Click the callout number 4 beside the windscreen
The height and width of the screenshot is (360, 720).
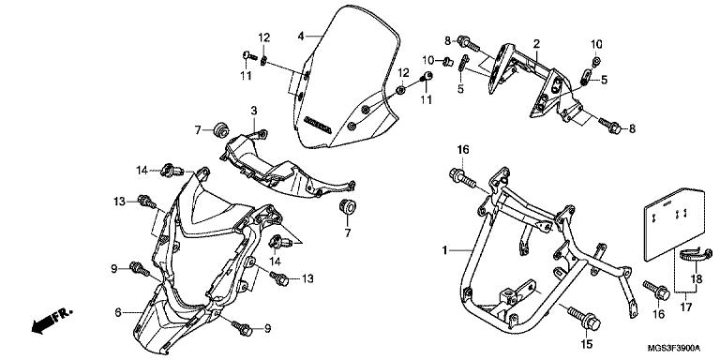point(301,36)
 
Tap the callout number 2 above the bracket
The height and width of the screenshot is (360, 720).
point(536,44)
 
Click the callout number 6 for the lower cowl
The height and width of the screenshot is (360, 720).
point(118,313)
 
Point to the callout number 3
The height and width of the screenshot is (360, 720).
point(254,111)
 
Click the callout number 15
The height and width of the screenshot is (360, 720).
point(587,343)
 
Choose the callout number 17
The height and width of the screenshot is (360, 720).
point(685,307)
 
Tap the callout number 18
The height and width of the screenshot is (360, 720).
point(697,278)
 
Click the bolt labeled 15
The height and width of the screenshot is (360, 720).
point(584,318)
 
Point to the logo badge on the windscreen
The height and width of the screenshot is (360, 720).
point(317,124)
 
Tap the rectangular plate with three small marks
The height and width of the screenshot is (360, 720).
point(673,225)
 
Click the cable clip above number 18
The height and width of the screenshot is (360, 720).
point(696,256)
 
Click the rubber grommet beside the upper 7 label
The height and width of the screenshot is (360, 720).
point(221,128)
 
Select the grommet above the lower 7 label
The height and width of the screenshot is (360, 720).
point(348,206)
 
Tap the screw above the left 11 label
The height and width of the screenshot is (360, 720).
point(249,55)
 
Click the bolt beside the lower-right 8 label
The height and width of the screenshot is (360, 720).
point(609,126)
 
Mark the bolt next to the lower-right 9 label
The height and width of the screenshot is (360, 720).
point(242,327)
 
